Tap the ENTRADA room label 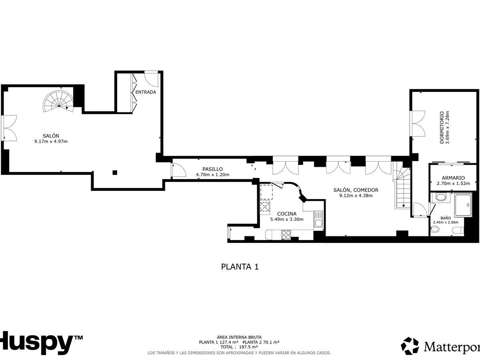pos(146,92)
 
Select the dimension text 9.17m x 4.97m pos(51,142)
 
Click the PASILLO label pos(212,169)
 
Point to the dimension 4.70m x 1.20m pos(212,175)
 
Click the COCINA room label pos(287,214)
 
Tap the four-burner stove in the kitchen pos(286,235)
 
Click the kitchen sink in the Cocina pos(318,218)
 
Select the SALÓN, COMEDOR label pos(356,190)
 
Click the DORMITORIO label pos(442,128)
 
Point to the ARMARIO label pos(453,178)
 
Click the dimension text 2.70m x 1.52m pos(453,184)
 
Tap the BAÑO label pos(446,218)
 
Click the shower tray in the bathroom pos(463,205)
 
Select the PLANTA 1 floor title pos(240,267)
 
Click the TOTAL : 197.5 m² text pos(239,347)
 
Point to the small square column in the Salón pos(115,173)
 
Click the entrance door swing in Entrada pos(151,79)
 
